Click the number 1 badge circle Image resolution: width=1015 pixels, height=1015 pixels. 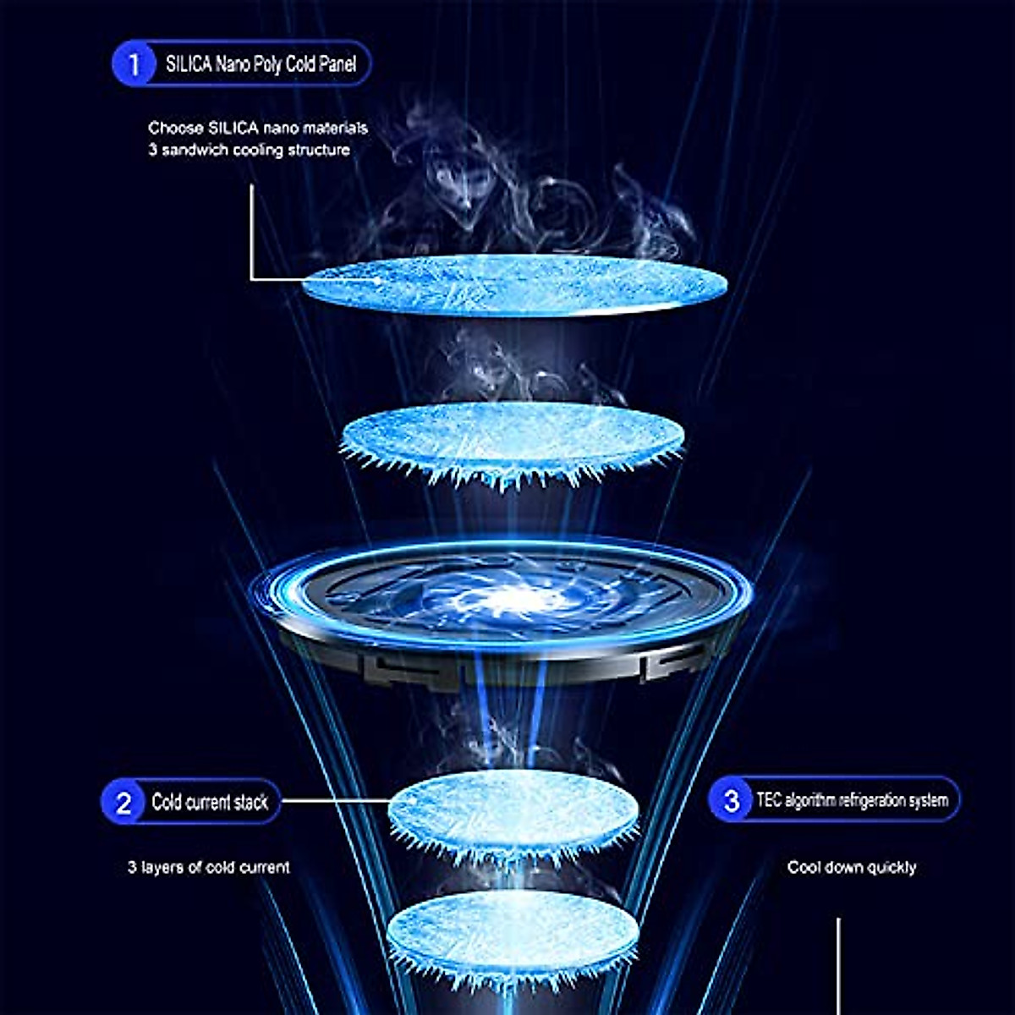pos(134,63)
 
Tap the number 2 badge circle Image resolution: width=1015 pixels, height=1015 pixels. pos(123,802)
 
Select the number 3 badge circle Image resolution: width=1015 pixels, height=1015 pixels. pos(732,800)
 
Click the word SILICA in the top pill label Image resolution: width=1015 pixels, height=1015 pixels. pos(188,63)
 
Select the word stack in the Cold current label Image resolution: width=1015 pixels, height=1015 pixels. pos(250,802)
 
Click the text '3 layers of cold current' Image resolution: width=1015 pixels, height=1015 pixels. pos(208,867)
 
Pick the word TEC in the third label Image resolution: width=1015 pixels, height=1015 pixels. pos(769,800)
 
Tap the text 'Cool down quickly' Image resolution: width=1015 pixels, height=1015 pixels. pos(851,867)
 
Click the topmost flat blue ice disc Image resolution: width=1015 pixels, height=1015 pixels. pos(514,284)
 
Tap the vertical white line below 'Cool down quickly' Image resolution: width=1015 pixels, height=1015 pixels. pos(838,964)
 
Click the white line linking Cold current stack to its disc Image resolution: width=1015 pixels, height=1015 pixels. pos(336,800)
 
